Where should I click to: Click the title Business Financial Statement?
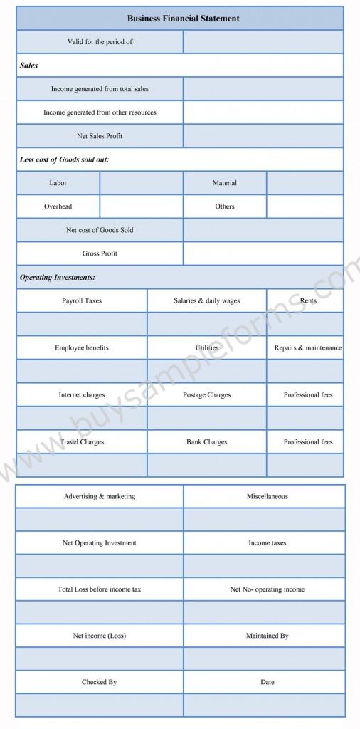(x=183, y=19)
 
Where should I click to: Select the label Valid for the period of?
(x=100, y=42)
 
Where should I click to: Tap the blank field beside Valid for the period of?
(x=263, y=42)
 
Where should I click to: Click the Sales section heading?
(x=29, y=65)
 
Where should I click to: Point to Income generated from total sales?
(x=100, y=89)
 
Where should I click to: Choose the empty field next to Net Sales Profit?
(x=263, y=136)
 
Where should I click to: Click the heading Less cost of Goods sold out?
(x=64, y=159)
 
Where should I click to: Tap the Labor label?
(x=58, y=183)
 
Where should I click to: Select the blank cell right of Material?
(x=305, y=183)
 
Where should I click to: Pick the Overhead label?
(x=58, y=206)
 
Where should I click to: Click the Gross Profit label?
(x=100, y=253)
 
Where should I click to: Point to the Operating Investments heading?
(x=58, y=277)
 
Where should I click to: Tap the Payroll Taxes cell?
(x=82, y=300)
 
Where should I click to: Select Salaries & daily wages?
(x=207, y=300)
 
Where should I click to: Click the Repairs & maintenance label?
(x=307, y=348)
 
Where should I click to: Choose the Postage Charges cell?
(x=207, y=395)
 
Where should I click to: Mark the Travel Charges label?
(x=82, y=442)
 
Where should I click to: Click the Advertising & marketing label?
(x=100, y=496)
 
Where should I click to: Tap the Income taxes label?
(x=268, y=543)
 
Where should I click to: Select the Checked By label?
(x=100, y=682)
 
